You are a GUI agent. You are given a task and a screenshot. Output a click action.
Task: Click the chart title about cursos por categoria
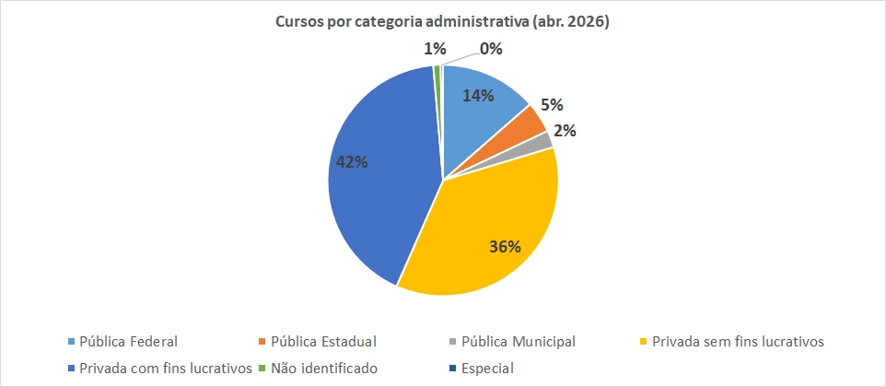click(443, 22)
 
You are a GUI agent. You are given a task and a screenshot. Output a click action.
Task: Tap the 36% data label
click(504, 247)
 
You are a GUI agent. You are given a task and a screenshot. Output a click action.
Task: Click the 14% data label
click(479, 95)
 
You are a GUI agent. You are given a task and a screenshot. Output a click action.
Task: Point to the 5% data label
click(552, 106)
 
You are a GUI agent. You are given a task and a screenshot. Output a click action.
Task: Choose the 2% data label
click(565, 131)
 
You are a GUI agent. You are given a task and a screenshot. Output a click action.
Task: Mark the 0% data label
click(490, 49)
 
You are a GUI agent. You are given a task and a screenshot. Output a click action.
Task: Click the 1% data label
click(436, 48)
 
